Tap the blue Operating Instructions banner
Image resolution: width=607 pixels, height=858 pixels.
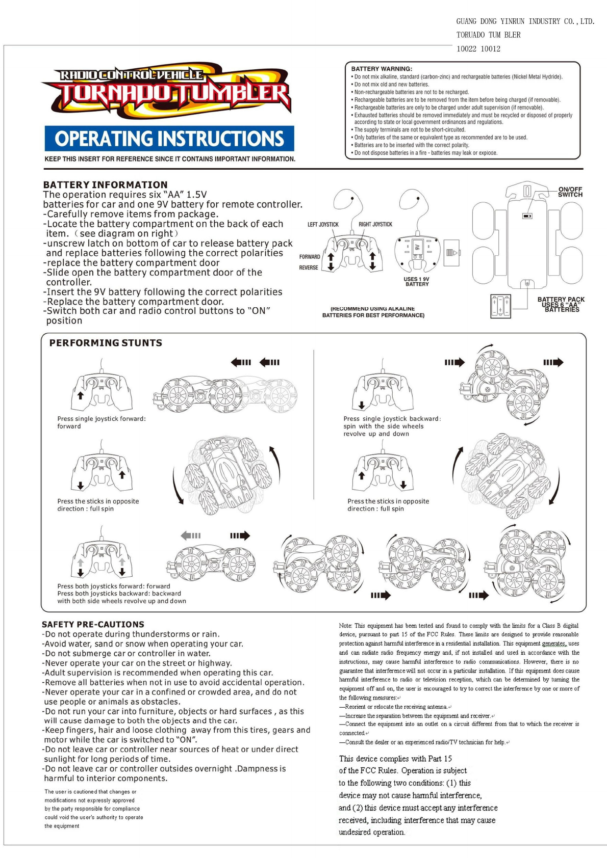pos(169,139)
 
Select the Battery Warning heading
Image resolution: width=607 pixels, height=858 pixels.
pos(382,69)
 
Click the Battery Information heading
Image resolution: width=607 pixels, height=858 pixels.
pos(105,184)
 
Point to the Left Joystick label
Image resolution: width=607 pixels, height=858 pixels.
pos(323,224)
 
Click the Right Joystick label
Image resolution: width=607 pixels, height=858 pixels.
pos(375,224)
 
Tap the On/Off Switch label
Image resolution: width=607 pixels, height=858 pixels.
pos(570,192)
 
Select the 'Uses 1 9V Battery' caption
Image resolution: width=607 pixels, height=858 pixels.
pos(416,282)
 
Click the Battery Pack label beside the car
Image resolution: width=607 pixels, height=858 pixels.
pos(561,304)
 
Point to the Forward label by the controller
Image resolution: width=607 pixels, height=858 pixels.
pos(310,257)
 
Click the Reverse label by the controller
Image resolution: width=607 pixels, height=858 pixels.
pos(309,267)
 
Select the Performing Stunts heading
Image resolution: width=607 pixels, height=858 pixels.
pos(106,343)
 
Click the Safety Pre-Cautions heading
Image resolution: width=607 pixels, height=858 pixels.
pos(93,624)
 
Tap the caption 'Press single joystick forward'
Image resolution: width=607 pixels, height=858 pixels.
pos(102,419)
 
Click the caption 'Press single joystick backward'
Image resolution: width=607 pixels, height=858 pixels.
pos(392,419)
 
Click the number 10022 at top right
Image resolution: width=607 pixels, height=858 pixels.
pos(466,49)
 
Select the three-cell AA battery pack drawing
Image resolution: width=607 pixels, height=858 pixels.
pos(500,306)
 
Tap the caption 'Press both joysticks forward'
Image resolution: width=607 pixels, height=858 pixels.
pos(114,586)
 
